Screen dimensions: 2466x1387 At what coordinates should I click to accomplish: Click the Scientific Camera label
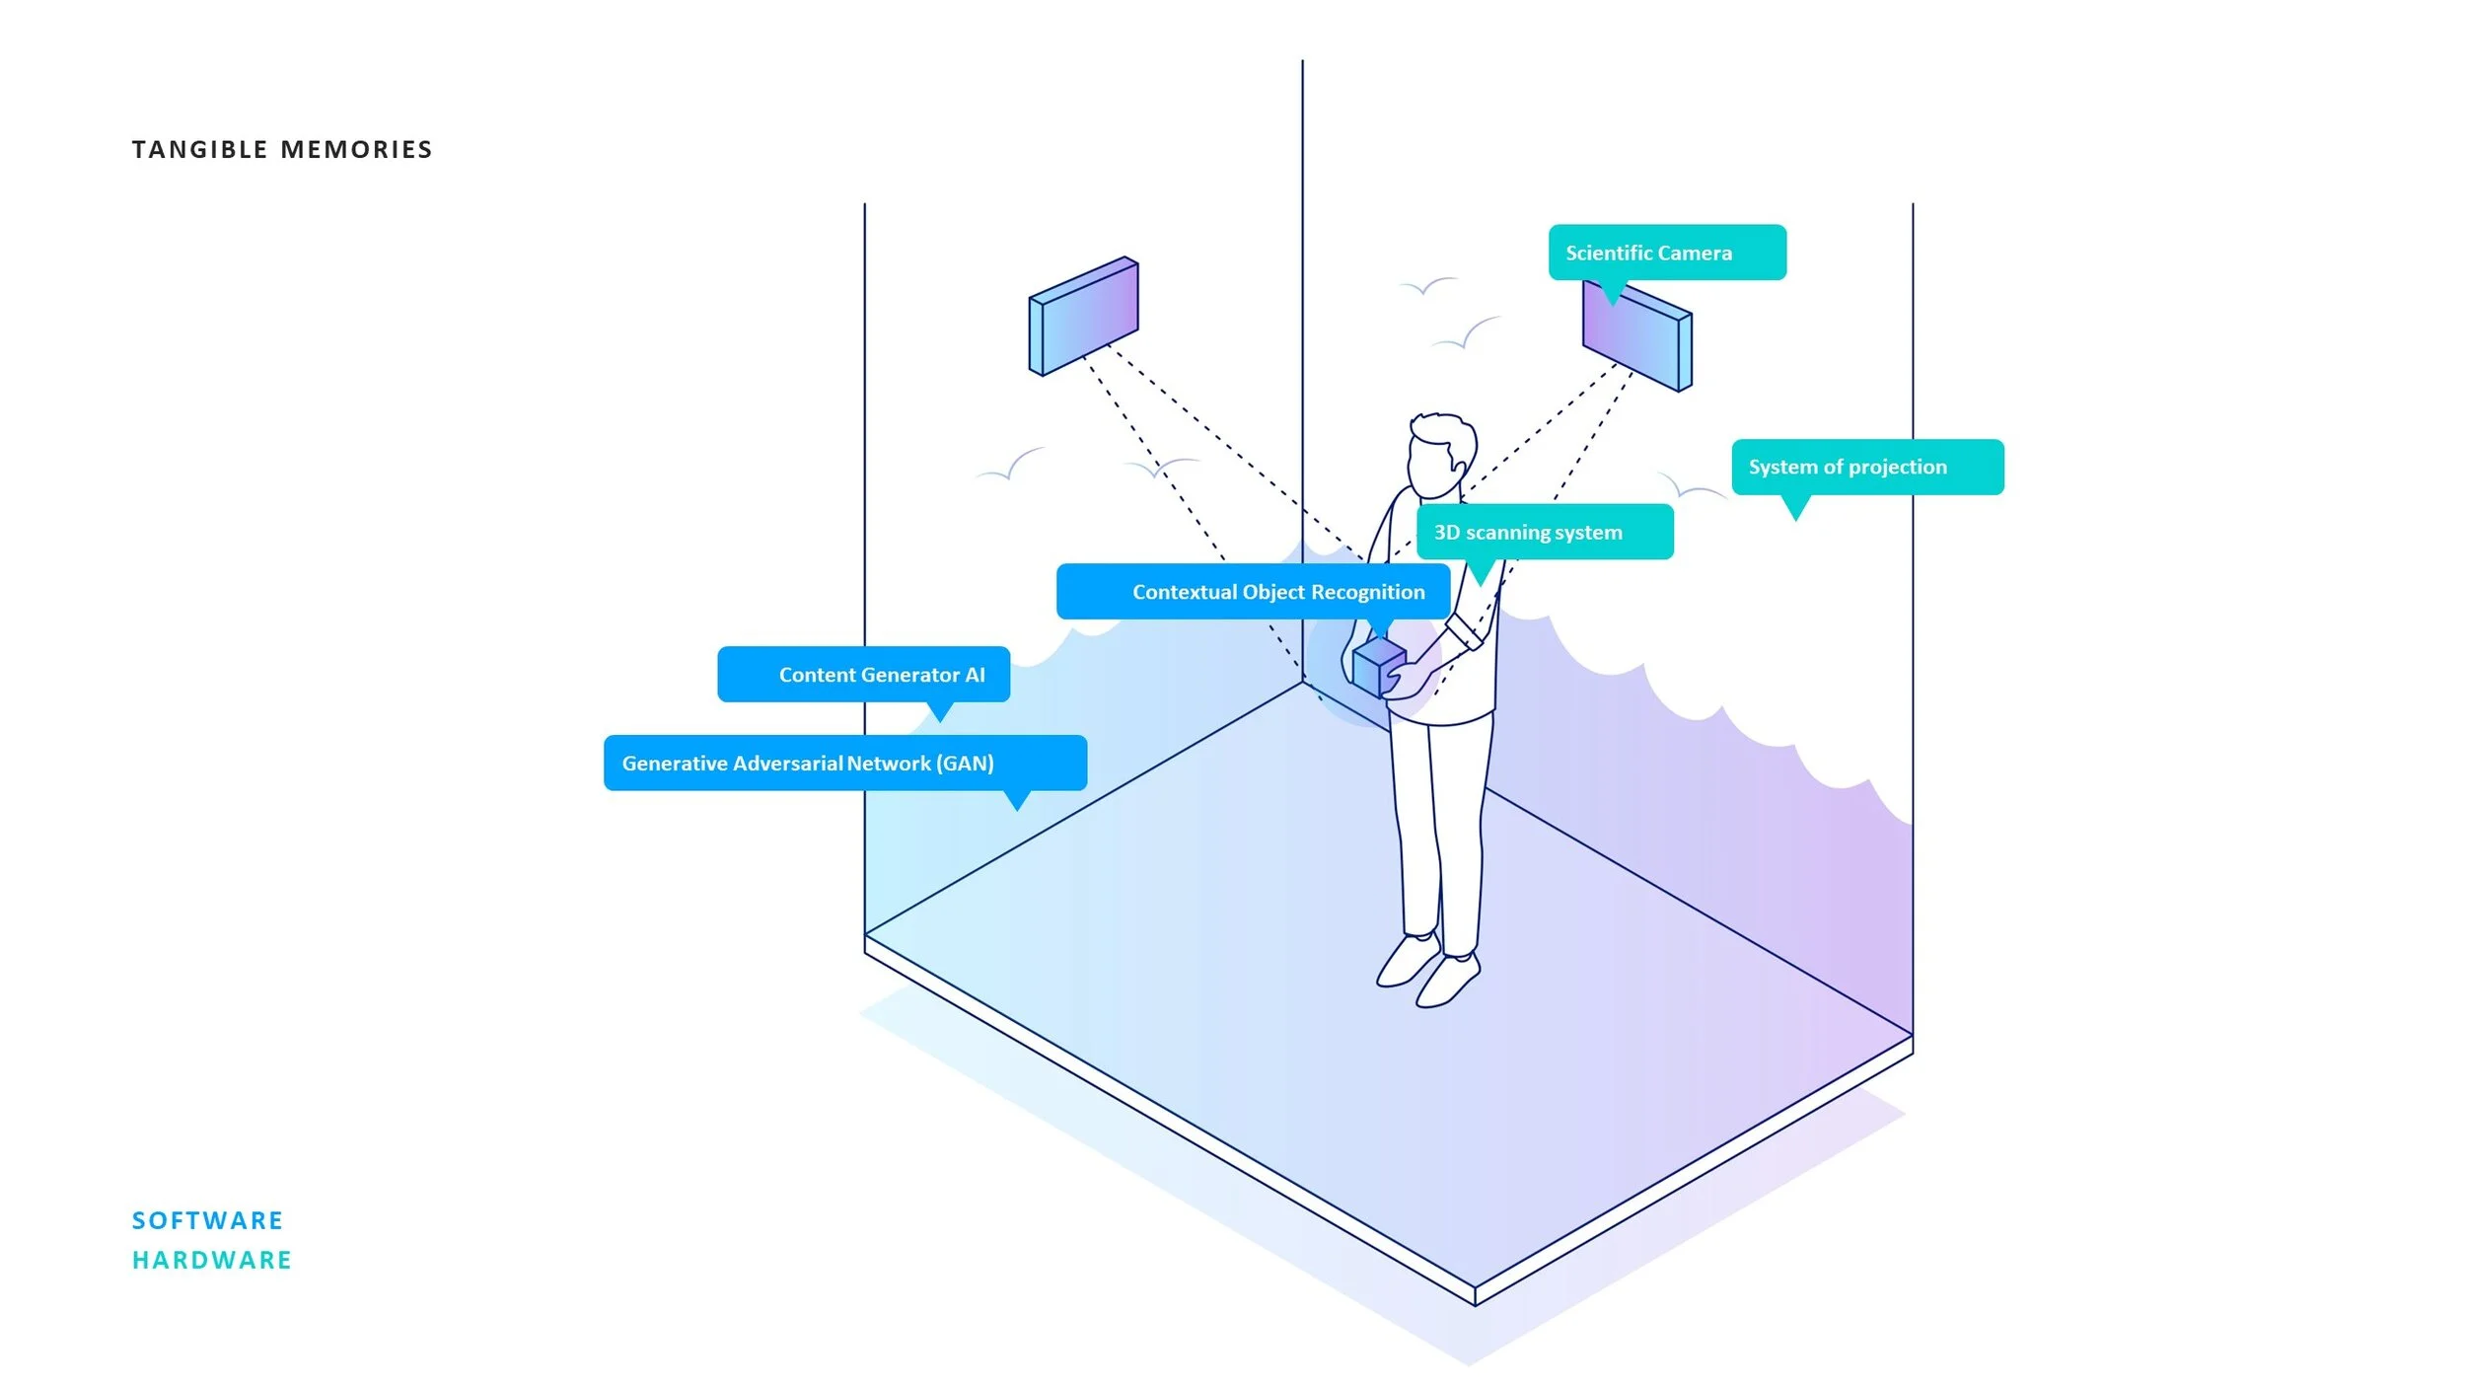click(x=1666, y=253)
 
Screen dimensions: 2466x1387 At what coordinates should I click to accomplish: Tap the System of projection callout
click(x=1866, y=467)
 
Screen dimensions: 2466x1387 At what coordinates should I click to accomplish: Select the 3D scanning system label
click(x=1544, y=532)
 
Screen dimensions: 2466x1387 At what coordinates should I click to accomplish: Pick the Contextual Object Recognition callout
click(x=1253, y=592)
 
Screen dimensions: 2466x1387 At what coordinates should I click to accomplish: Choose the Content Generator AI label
click(x=863, y=675)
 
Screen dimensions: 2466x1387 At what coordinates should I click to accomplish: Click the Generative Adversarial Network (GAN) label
click(x=844, y=763)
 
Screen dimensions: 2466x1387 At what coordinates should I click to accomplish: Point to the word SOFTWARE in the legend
click(x=207, y=1220)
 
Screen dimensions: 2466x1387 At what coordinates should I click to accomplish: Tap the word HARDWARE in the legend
click(x=212, y=1260)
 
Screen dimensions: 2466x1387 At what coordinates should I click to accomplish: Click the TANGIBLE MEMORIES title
click(x=282, y=149)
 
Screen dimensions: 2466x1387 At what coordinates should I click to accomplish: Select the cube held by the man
click(x=1377, y=668)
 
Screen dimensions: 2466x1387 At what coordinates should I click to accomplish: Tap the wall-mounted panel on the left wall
click(x=1083, y=316)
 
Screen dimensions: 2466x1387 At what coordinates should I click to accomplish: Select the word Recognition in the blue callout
click(x=1374, y=592)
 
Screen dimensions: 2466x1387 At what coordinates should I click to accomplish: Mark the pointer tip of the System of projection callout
click(x=1796, y=518)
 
